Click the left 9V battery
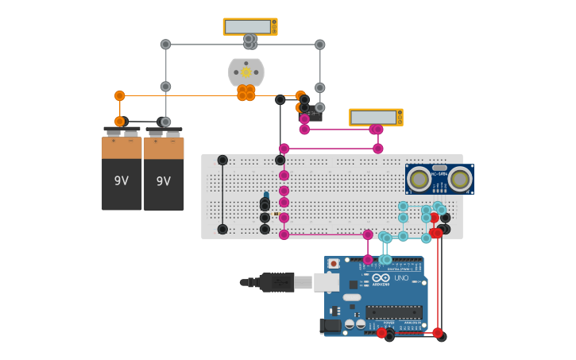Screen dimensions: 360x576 coord(122,171)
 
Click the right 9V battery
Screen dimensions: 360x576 coord(164,171)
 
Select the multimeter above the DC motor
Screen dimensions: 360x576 coord(249,27)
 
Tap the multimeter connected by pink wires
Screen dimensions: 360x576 coord(375,118)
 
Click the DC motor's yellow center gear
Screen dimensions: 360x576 coord(246,72)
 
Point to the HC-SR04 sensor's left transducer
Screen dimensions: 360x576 coord(419,180)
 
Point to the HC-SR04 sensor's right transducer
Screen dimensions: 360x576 coord(459,180)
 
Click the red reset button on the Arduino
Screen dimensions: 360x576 coord(334,264)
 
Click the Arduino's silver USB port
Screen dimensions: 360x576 coord(326,282)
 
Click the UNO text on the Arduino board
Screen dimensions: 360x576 coord(401,279)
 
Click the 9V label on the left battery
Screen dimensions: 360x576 coord(122,181)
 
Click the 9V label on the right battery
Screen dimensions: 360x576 coord(164,181)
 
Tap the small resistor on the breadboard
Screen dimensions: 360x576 coord(275,214)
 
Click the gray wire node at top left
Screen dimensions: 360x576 coord(165,45)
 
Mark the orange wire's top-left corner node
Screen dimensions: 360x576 coord(120,96)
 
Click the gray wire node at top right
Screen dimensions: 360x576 coord(319,45)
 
